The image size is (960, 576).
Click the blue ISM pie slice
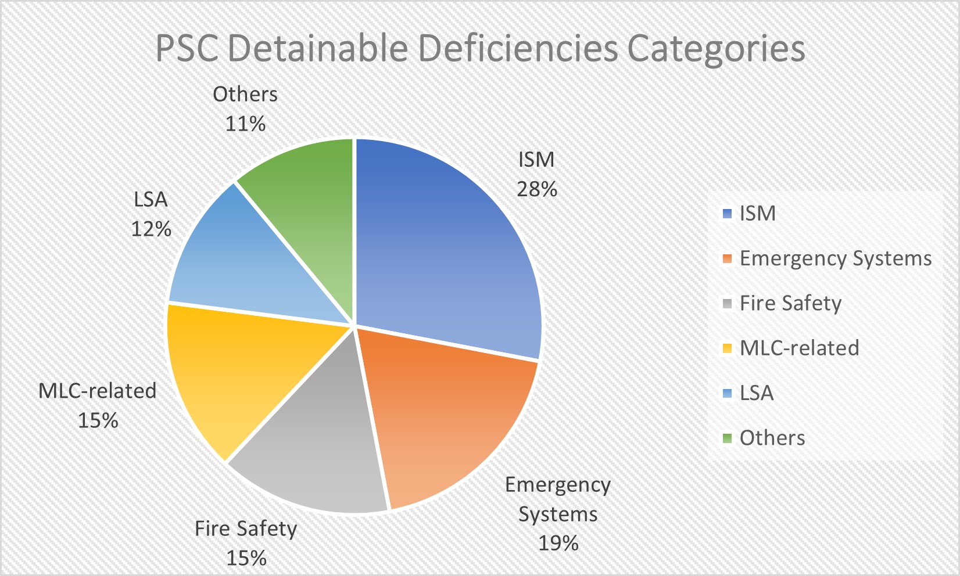coord(447,244)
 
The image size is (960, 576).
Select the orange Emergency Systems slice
coord(447,418)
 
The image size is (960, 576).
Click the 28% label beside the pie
coord(537,189)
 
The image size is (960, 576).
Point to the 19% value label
coord(558,543)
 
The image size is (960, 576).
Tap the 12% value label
coord(151,229)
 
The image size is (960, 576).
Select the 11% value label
coord(245,124)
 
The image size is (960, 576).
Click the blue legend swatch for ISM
coord(727,214)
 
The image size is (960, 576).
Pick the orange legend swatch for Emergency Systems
coord(727,259)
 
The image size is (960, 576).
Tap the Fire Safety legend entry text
coord(790,304)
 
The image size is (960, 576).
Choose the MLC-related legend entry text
coord(799,348)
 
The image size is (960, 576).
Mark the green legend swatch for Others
coord(727,438)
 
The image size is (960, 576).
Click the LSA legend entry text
coord(757,393)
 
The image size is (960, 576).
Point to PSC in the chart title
coord(187,49)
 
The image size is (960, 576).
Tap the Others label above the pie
coord(245,94)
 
